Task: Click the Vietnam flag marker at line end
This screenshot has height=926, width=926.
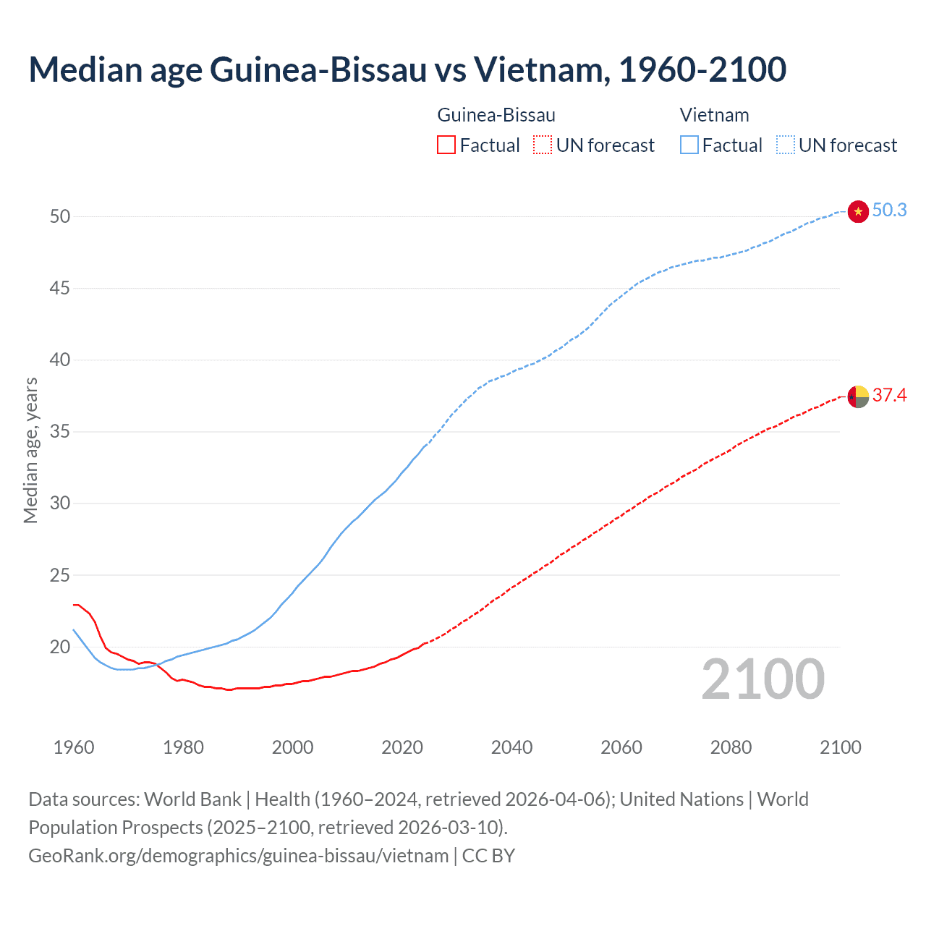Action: tap(858, 211)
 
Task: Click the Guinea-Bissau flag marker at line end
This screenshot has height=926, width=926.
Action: tap(858, 396)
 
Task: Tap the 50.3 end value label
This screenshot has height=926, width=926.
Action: tap(889, 211)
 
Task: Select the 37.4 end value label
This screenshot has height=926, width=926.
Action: tap(889, 395)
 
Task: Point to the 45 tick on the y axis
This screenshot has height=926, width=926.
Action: tap(60, 289)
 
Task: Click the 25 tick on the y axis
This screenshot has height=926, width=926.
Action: tap(60, 576)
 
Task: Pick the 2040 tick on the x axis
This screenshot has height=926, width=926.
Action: tap(511, 747)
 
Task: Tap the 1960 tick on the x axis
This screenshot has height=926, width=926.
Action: tap(74, 747)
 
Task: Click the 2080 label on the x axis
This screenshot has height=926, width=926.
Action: tap(731, 747)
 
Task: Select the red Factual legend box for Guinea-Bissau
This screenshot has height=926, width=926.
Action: tap(446, 145)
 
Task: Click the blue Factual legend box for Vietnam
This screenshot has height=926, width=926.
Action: tap(689, 145)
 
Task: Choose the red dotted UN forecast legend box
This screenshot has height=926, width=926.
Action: tap(543, 145)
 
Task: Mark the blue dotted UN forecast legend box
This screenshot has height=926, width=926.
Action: tap(785, 145)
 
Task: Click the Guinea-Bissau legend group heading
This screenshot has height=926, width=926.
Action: tap(496, 115)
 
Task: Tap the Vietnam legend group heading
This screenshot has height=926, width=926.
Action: tap(714, 115)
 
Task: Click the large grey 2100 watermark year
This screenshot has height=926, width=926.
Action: tap(763, 679)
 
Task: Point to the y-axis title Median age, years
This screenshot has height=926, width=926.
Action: tap(30, 450)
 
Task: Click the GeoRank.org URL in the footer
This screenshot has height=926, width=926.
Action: tap(239, 856)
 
